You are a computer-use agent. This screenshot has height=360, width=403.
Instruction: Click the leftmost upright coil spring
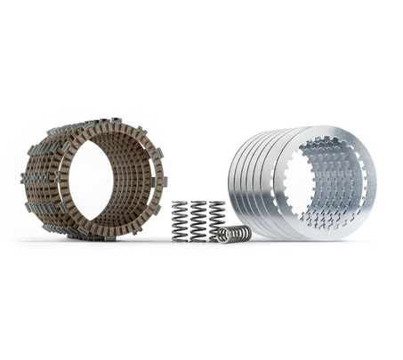click(180, 220)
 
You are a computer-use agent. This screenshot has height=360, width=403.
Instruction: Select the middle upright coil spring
click(198, 220)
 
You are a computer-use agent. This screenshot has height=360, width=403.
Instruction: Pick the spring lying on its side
click(234, 234)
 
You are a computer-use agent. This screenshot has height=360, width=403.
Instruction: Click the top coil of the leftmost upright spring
click(180, 204)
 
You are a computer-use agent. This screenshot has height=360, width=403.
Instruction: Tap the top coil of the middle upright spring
click(198, 204)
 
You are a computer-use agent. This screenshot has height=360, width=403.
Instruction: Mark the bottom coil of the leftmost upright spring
click(180, 237)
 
